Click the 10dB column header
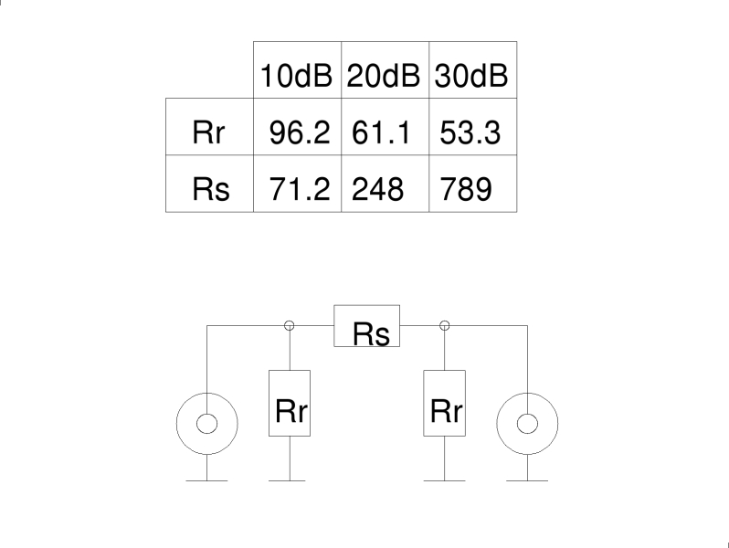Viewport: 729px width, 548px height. coord(298,76)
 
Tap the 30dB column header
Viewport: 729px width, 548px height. coord(471,76)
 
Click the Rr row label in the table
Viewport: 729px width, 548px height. coord(209,133)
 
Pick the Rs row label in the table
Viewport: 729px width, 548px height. coord(209,189)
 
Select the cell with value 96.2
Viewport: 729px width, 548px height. coord(298,133)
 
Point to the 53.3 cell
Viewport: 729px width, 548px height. coord(471,133)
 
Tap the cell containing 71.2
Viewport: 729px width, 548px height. coord(298,189)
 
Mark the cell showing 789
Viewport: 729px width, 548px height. coord(471,189)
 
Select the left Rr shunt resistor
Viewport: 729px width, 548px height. coord(291,403)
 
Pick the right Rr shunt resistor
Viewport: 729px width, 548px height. coord(446,403)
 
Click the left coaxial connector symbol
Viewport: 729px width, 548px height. coord(207,423)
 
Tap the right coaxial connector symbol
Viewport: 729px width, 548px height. coord(527,423)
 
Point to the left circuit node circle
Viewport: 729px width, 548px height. coord(291,325)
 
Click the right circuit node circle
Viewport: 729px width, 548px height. coord(446,325)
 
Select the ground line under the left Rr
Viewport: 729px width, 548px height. coord(291,480)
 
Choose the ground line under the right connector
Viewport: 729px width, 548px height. coord(527,480)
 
